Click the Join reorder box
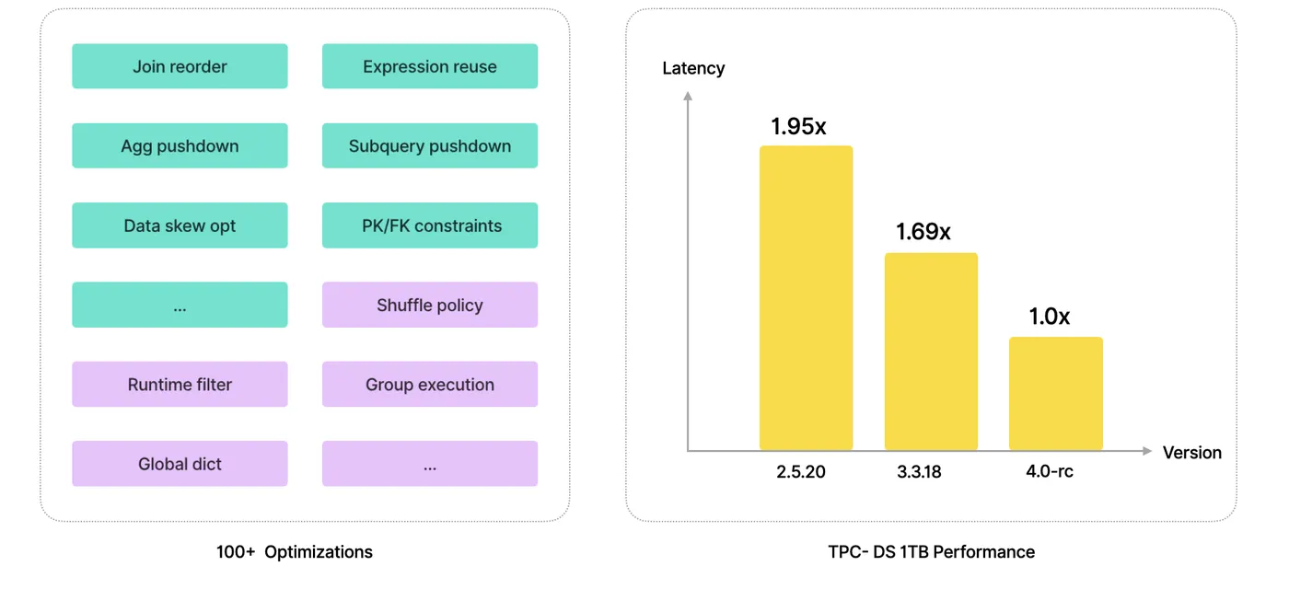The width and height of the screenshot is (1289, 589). (180, 66)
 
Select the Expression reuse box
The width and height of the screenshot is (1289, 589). (430, 66)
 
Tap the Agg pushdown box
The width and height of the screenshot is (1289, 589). (180, 145)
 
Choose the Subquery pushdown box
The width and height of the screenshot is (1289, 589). (430, 145)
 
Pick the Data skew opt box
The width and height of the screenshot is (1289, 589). (180, 225)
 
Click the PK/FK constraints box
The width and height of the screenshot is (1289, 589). (430, 225)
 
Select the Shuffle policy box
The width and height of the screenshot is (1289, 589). (430, 305)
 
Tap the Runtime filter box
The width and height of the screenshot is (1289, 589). (180, 385)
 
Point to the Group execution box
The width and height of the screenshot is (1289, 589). (430, 385)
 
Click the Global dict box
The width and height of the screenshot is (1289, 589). (180, 464)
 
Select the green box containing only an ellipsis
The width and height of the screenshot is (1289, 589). (180, 305)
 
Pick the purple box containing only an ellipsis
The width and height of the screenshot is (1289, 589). (430, 464)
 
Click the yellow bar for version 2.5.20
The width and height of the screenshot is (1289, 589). (806, 298)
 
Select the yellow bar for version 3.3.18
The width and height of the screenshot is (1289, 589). (931, 352)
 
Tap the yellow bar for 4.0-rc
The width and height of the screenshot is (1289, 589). (1055, 394)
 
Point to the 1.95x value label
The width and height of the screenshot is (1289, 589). (798, 127)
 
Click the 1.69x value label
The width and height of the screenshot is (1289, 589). (923, 232)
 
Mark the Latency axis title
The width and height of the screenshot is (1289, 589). (693, 68)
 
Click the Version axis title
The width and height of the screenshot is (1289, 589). (1191, 453)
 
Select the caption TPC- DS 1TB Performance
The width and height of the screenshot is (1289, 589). (931, 552)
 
